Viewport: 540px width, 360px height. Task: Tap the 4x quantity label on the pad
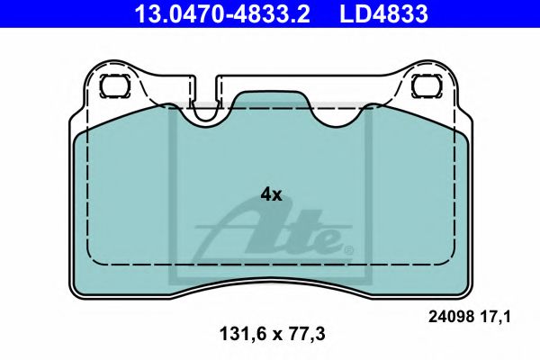pyautogui.click(x=271, y=193)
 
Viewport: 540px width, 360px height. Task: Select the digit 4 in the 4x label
pyautogui.click(x=265, y=193)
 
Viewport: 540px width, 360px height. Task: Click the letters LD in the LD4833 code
pyautogui.click(x=352, y=13)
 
